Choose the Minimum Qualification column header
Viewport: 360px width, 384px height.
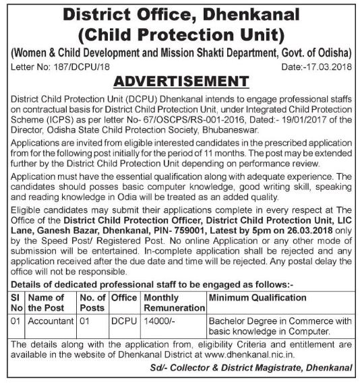[258, 297]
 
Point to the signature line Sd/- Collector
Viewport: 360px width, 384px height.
[253, 369]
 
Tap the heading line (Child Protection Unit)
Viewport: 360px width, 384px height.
[180, 34]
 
